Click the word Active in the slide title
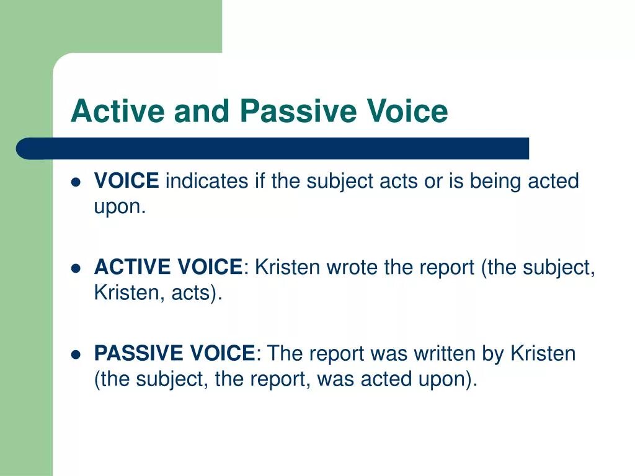(117, 112)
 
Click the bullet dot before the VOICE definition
(76, 182)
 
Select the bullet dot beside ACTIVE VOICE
(76, 268)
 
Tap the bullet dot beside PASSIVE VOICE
(76, 355)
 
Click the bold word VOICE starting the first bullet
(127, 182)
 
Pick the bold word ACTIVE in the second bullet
(133, 268)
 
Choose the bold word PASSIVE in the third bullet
(139, 354)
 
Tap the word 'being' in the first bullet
(495, 182)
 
